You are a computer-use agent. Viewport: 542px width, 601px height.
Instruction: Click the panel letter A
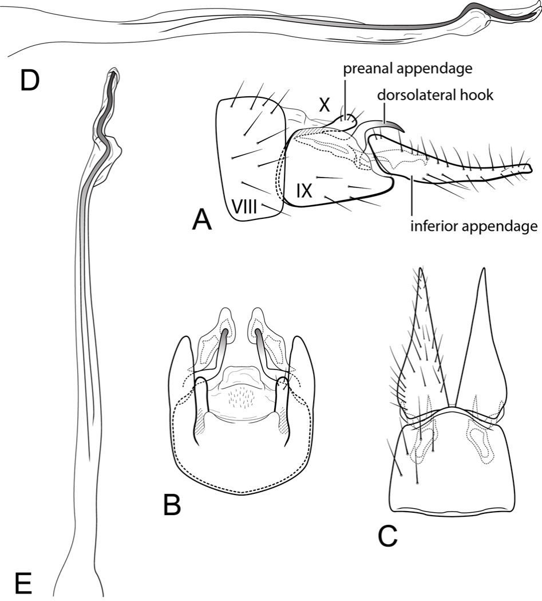click(201, 220)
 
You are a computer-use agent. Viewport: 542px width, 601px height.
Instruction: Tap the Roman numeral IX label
click(304, 191)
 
